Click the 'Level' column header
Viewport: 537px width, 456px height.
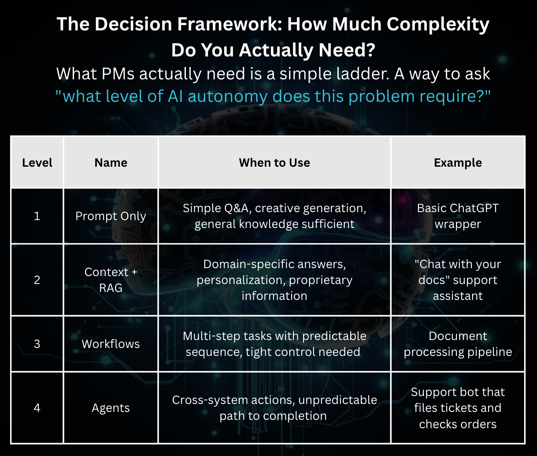click(x=37, y=163)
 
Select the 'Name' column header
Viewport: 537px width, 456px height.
click(x=111, y=163)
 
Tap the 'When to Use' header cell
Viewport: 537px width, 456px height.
click(x=274, y=163)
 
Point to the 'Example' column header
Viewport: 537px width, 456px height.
click(x=458, y=163)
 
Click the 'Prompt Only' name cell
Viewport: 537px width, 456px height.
click(x=111, y=216)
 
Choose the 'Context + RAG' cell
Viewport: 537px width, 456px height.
click(x=111, y=280)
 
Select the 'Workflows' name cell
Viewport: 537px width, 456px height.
click(x=111, y=344)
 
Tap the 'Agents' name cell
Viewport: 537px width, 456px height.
click(x=111, y=408)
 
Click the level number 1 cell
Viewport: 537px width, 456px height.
click(x=37, y=216)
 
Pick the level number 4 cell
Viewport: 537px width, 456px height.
click(x=37, y=408)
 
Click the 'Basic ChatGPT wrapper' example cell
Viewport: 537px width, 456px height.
click(x=458, y=216)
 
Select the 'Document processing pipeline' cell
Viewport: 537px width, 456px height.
click(x=458, y=344)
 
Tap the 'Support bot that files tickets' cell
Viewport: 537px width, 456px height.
click(x=458, y=408)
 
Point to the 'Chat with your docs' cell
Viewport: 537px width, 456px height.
click(x=458, y=280)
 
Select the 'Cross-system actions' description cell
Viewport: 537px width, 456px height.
click(x=274, y=408)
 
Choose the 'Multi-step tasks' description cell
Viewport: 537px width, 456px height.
click(x=274, y=344)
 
